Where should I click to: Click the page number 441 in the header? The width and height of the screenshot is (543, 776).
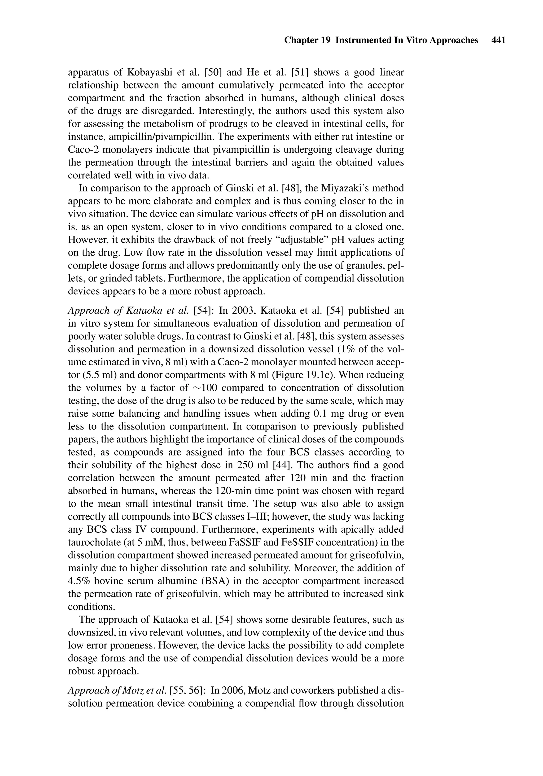[498, 40]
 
